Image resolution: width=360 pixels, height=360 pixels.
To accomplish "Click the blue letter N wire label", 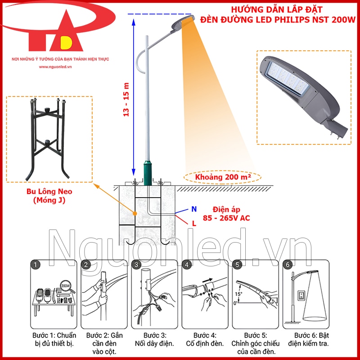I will pos(194,209).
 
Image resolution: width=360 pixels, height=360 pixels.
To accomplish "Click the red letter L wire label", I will pos(194,223).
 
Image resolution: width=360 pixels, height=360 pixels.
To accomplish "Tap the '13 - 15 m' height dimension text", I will pos(126,100).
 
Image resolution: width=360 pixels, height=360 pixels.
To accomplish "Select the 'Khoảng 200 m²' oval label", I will pos(223,177).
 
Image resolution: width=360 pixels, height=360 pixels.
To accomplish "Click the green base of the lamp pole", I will pos(147,171).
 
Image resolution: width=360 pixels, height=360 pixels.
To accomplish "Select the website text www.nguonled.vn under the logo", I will pos(56,67).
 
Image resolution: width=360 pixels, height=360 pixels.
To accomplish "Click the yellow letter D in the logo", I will pos(67,42).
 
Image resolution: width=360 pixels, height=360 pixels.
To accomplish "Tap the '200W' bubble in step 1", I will pos(66,286).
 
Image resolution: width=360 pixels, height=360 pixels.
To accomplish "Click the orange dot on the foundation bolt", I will pos(135,211).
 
